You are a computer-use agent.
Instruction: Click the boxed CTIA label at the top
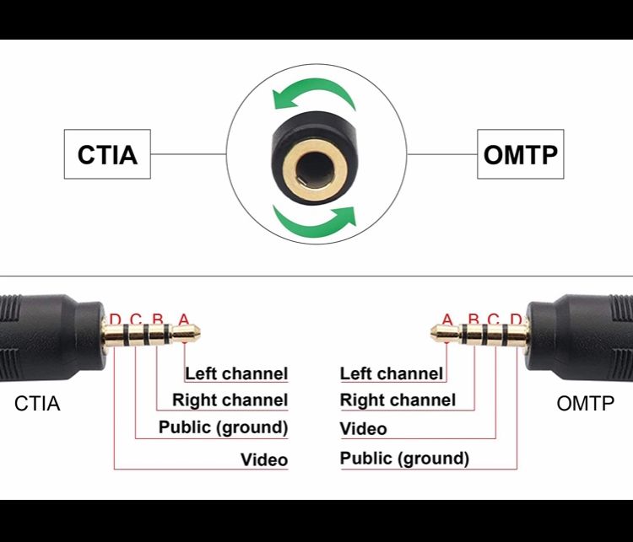(107, 154)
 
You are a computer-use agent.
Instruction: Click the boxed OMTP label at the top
(520, 154)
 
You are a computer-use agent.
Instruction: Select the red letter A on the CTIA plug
(184, 320)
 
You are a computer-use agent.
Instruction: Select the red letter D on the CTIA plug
(115, 320)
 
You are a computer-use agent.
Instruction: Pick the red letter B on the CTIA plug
(158, 320)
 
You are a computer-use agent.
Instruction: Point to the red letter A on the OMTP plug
(447, 320)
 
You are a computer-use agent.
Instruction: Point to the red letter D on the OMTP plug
(516, 320)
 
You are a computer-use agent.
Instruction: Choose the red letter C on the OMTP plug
(495, 320)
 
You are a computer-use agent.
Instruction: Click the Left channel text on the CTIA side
(236, 373)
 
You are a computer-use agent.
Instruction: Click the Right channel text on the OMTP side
(398, 400)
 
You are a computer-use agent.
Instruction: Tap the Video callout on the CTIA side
(264, 459)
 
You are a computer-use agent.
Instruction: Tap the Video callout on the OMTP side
(363, 429)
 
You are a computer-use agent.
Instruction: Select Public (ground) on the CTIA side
(223, 427)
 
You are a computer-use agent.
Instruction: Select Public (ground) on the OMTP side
(404, 459)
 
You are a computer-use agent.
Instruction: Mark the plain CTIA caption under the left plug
(37, 404)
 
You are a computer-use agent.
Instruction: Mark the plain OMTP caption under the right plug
(586, 404)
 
